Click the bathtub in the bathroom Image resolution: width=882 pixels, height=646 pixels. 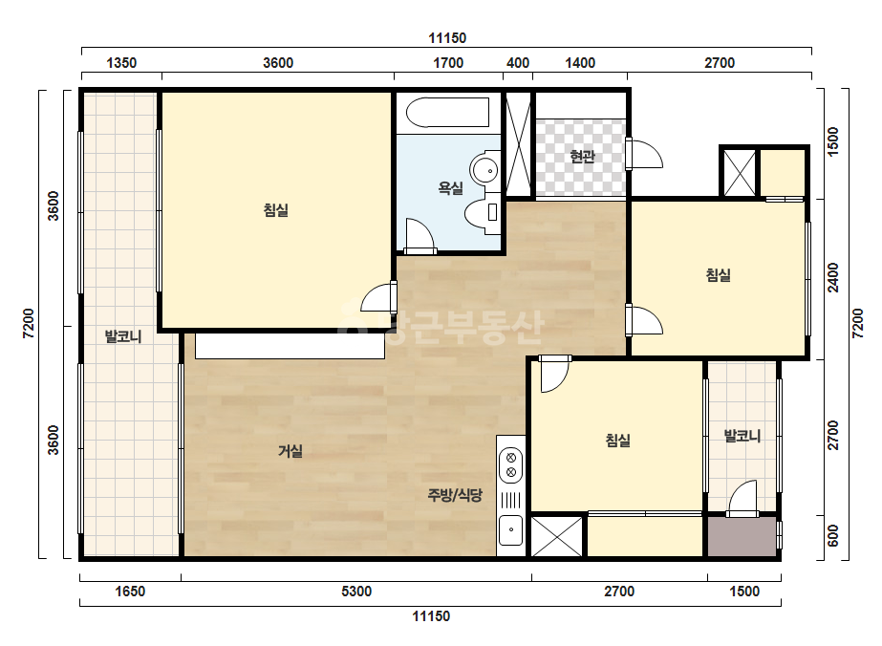pos(447,113)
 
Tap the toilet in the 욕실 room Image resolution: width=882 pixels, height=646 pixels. pos(482,212)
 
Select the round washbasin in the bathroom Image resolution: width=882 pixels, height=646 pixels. pos(484,168)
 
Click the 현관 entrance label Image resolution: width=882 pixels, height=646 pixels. pos(582,156)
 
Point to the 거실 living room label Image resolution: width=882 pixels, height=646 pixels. pos(290,451)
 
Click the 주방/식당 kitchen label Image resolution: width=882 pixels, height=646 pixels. pos(455,495)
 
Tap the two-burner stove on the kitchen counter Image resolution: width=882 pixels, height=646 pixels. pos(510,464)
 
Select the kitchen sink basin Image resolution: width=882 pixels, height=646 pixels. pos(510,529)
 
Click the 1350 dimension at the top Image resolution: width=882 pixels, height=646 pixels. pos(121,62)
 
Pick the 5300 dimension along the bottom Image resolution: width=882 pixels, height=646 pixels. pos(356,592)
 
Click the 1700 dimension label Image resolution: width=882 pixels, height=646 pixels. pos(448,62)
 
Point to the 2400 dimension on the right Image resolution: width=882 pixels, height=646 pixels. pos(833,277)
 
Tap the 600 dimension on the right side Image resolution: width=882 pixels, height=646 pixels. pos(833,536)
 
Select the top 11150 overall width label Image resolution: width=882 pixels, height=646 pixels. pos(447,37)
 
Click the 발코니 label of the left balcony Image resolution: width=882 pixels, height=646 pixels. pos(123,336)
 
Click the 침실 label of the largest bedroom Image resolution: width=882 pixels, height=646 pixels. pos(275,210)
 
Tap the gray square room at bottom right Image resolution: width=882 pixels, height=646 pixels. pos(742,536)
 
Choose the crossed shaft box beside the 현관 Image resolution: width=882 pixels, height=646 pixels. pos(518,143)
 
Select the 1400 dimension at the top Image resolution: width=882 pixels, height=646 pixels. pos(579,62)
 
